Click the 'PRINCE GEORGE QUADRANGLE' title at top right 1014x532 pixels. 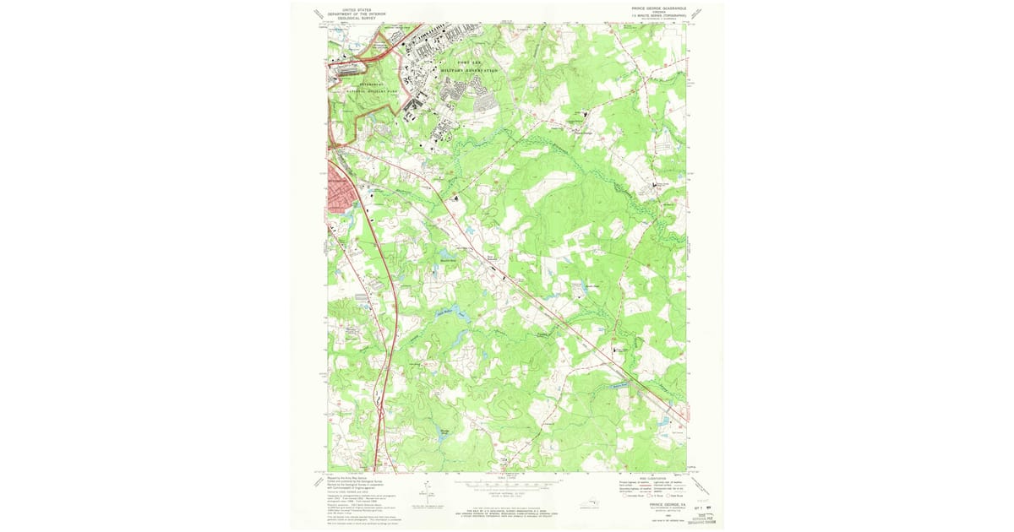point(659,8)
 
